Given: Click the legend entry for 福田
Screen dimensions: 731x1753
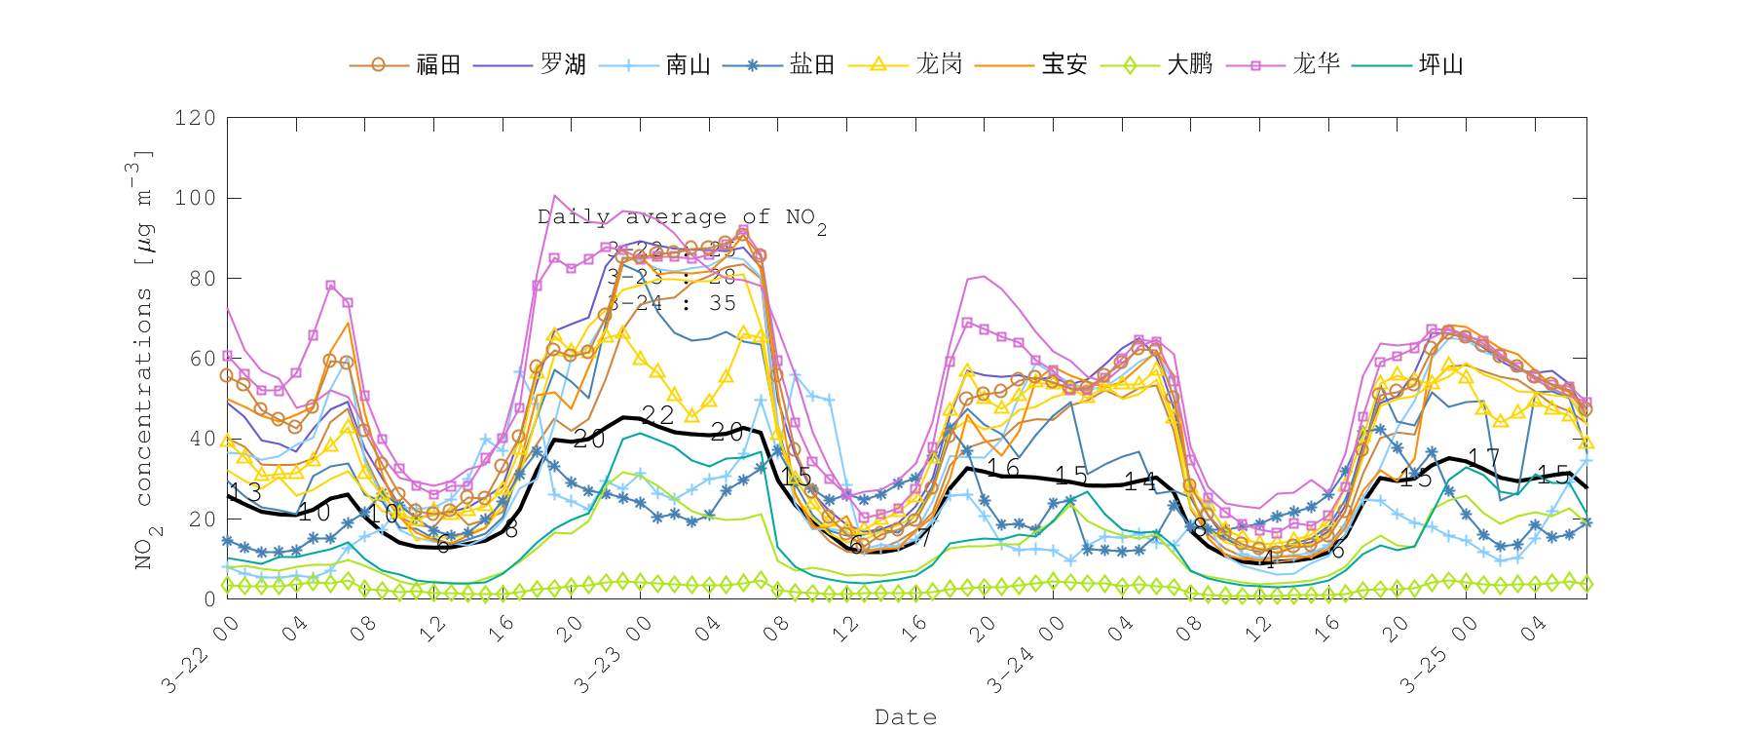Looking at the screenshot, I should pos(437,64).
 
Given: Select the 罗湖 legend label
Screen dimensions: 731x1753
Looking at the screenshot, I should pos(563,64).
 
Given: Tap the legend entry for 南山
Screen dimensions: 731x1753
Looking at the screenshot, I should pos(688,64).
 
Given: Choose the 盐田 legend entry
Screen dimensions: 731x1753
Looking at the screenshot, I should pos(812,64).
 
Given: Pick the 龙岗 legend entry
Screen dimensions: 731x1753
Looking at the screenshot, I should pos(939,64).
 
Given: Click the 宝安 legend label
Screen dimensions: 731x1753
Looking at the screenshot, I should pos(1063,64).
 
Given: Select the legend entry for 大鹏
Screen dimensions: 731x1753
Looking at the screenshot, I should pos(1189,64).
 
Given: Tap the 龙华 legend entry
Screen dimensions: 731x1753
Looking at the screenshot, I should pos(1316,64).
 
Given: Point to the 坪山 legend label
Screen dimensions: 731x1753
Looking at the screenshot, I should pos(1440,64).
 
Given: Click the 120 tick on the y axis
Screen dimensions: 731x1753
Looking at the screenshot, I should pos(195,118).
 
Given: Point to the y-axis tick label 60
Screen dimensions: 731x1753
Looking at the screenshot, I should pos(202,359).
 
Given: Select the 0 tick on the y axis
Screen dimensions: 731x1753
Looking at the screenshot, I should pos(209,598).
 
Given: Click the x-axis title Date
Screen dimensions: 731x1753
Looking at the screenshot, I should pos(906,717).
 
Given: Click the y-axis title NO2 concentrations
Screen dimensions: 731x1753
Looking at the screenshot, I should pos(143,361).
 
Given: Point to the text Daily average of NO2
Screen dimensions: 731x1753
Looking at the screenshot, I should pos(681,217).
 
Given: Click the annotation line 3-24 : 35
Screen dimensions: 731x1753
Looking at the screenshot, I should pos(672,303).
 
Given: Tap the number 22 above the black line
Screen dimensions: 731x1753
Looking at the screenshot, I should pos(658,414).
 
